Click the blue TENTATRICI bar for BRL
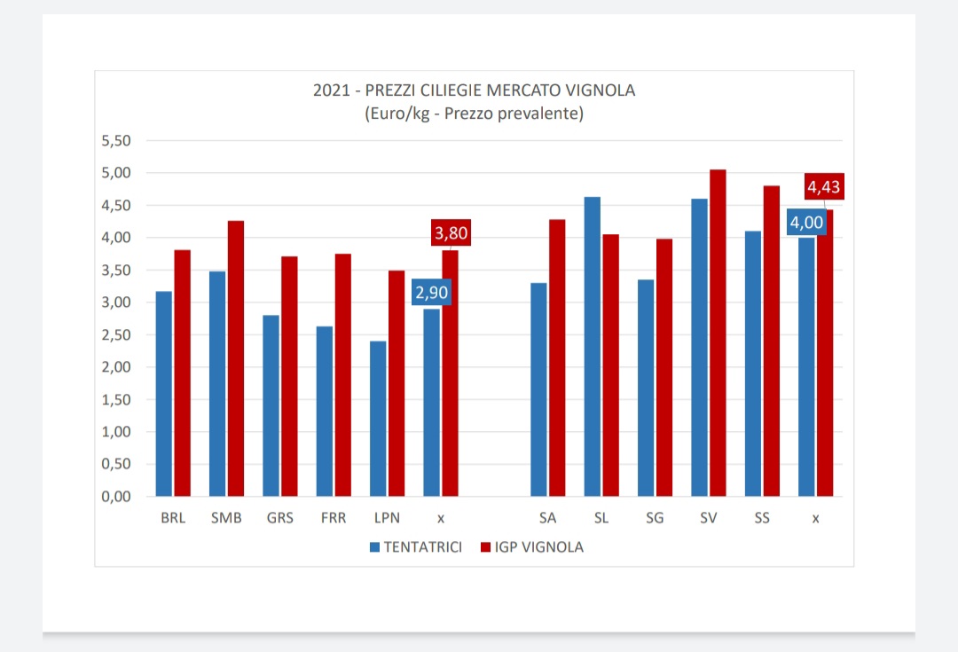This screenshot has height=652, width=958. [164, 393]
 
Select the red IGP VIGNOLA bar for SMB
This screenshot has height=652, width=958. [236, 358]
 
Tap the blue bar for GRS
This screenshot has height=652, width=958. [271, 405]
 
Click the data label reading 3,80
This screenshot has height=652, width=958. [451, 233]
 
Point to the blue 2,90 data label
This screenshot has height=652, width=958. [431, 292]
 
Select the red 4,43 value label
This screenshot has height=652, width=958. [823, 187]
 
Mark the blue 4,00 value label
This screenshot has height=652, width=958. [806, 222]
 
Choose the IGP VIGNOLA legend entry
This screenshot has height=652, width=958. [530, 547]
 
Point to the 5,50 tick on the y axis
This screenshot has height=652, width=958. [117, 140]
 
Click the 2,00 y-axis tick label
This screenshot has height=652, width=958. [117, 367]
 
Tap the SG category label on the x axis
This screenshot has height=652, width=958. [655, 519]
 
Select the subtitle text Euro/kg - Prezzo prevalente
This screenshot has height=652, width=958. [474, 114]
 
